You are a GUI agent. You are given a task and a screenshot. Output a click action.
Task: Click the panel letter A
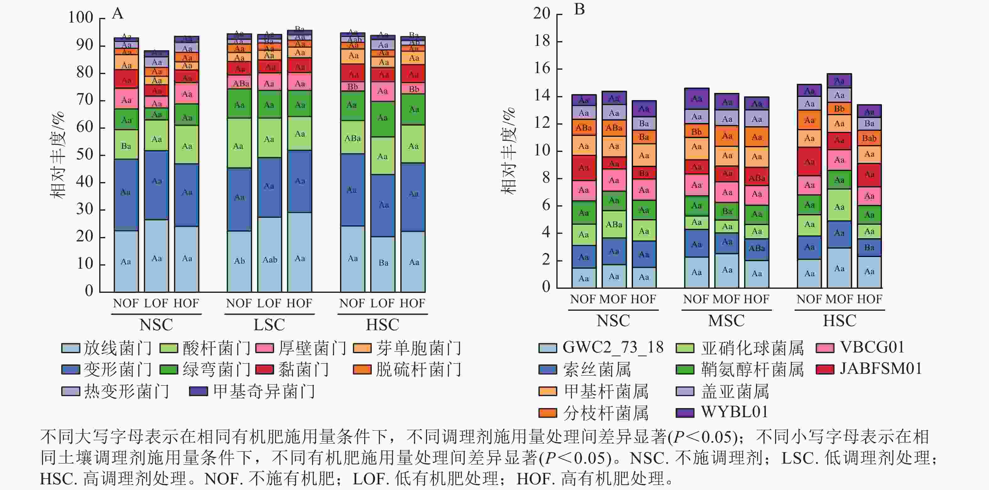pos(117,13)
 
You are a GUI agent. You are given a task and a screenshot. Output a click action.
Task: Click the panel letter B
pos(579,9)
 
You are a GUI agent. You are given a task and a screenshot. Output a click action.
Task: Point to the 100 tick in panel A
pos(81,17)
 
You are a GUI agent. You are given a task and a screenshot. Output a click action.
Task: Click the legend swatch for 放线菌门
pos(71,348)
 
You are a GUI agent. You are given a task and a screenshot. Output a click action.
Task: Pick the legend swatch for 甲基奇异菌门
pos(198,391)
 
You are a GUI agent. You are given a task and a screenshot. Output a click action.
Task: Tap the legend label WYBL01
pos(734,412)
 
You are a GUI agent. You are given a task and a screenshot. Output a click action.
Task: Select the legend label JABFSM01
pos(881,369)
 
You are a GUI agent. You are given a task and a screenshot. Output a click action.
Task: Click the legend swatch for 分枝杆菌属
pos(548,413)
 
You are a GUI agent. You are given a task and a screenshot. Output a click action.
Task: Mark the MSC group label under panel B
pos(726,321)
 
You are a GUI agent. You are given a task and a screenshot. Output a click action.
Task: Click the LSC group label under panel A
pos(269,325)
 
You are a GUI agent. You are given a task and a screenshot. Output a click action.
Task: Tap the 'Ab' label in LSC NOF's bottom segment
pos(239,261)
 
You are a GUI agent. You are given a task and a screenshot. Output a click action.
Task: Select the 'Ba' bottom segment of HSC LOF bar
pos(383,263)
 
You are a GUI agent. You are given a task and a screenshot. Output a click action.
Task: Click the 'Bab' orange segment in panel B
pos(869,138)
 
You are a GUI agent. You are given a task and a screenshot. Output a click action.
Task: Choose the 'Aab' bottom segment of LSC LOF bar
pos(269,260)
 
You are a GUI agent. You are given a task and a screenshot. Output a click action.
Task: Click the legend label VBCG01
pos(872,347)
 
